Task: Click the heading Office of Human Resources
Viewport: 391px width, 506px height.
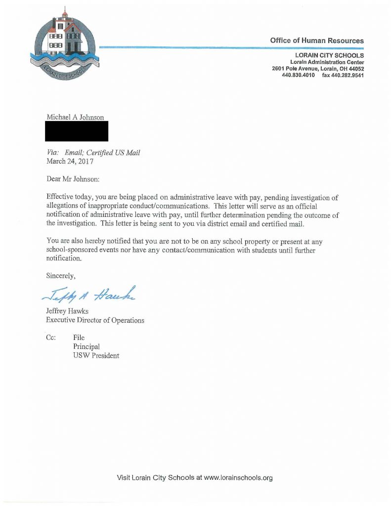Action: pos(317,41)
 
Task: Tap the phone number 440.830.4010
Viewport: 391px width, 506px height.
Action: pos(298,76)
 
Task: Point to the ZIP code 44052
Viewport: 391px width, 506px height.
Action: pos(355,69)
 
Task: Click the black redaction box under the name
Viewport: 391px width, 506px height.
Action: pos(77,131)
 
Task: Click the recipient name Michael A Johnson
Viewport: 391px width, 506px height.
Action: pos(75,117)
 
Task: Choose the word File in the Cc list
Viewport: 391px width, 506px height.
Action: pos(79,338)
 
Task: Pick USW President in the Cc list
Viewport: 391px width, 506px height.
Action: pos(96,356)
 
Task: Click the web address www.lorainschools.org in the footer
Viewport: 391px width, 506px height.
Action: pos(238,478)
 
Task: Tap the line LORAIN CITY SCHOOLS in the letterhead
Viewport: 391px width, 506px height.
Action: pos(329,56)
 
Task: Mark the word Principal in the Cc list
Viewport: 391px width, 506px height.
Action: pos(86,347)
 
